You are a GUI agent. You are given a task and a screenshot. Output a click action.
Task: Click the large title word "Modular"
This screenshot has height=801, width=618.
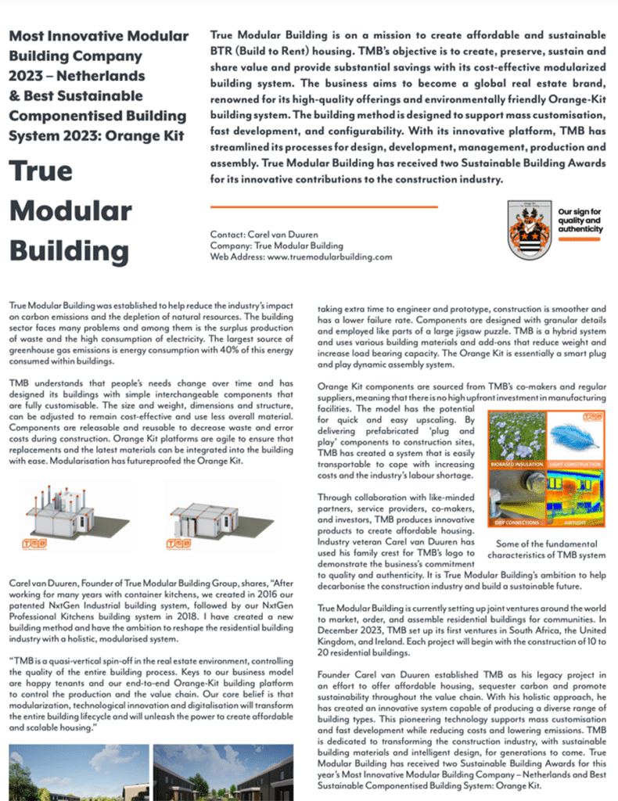pos(70,211)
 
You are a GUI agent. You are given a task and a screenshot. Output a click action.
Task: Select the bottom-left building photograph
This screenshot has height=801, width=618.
pos(74,774)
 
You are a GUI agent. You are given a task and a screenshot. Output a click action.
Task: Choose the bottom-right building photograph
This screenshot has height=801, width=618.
pos(227,774)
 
